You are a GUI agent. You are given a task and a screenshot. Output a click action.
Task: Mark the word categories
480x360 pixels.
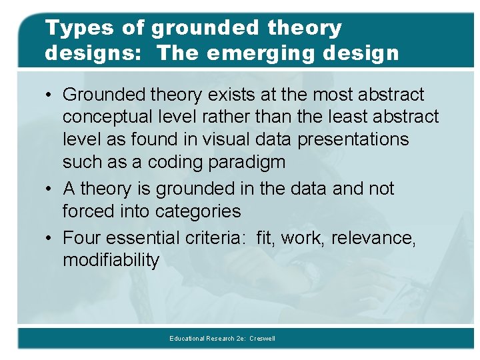(198, 211)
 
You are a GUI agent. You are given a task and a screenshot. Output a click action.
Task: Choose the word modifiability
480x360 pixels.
(111, 260)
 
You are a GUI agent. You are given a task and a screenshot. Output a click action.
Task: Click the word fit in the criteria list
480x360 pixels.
(266, 237)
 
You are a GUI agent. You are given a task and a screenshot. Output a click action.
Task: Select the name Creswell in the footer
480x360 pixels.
(262, 339)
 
